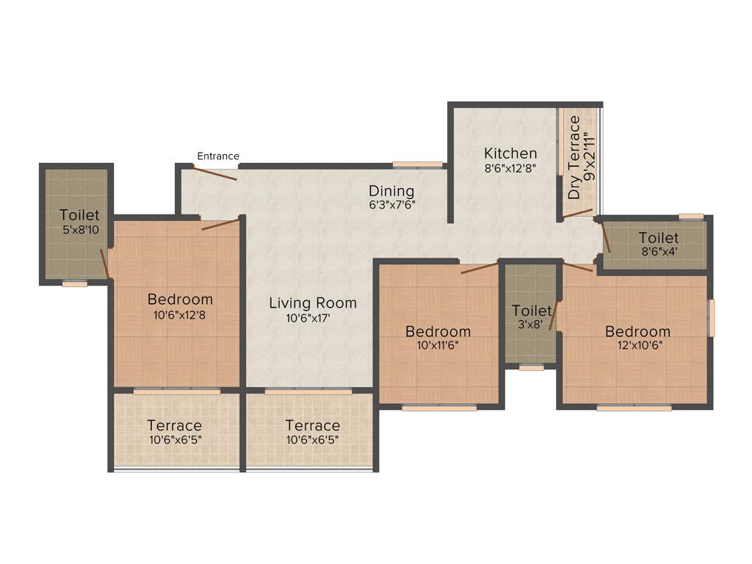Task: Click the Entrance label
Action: tap(218, 156)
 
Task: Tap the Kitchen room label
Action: tap(510, 153)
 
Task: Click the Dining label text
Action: tap(392, 191)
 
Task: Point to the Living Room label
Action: tap(313, 303)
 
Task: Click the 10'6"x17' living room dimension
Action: tap(313, 319)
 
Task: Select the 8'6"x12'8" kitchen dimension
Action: tap(510, 167)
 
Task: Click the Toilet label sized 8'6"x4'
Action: tap(658, 238)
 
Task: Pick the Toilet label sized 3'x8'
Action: tap(532, 311)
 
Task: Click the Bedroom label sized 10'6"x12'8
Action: tap(180, 299)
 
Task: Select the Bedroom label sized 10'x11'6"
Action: tap(438, 331)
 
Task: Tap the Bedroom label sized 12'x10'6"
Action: tap(637, 331)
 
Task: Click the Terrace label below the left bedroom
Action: tap(174, 425)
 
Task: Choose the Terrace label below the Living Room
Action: tap(313, 425)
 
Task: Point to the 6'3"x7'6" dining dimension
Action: tap(392, 205)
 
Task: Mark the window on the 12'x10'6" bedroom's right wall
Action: tap(711, 317)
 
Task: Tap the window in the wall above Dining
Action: tap(417, 164)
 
